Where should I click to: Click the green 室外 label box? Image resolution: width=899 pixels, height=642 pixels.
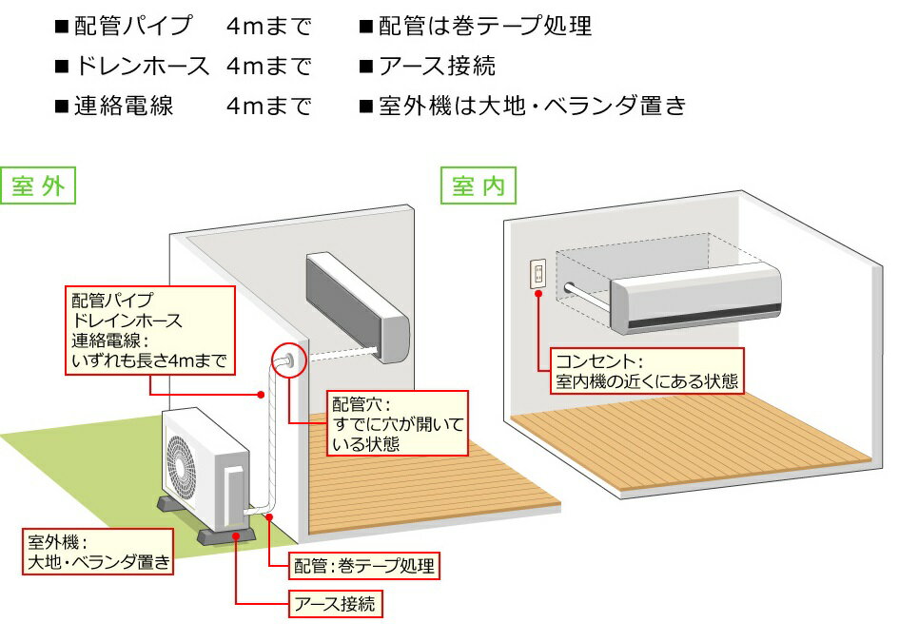coord(39,186)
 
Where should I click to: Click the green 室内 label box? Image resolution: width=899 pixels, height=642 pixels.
coord(479,186)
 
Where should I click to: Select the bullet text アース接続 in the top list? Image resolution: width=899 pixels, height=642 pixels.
coord(437,67)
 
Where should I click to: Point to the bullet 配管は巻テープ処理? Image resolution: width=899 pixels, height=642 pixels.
coord(484,27)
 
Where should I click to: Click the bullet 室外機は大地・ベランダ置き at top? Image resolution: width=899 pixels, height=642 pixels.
coord(532,106)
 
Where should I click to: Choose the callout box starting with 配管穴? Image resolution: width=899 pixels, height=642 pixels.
coord(397,423)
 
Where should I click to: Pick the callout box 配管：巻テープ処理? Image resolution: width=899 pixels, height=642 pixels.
coord(364,567)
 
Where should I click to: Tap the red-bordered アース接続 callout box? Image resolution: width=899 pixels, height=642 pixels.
coord(335,603)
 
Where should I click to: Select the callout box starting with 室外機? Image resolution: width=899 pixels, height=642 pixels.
coord(99,553)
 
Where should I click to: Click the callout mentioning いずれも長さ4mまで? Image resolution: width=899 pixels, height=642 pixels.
coord(150,329)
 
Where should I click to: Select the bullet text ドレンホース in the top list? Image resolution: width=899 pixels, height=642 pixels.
coord(142,67)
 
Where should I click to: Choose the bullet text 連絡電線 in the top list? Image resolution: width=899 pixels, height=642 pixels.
coord(124,106)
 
